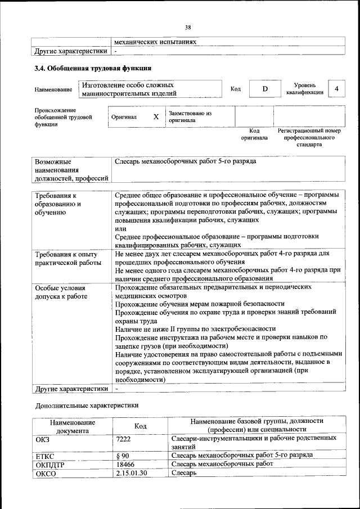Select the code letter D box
tap(264, 89)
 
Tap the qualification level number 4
tap(336, 89)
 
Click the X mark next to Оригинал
tap(156, 117)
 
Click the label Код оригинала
tap(254, 134)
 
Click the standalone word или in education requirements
tap(120, 228)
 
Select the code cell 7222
tap(124, 438)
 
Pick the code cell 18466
tap(125, 464)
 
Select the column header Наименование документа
tap(72, 426)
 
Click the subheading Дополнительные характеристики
tap(86, 404)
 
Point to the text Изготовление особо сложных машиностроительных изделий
tap(129, 89)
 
